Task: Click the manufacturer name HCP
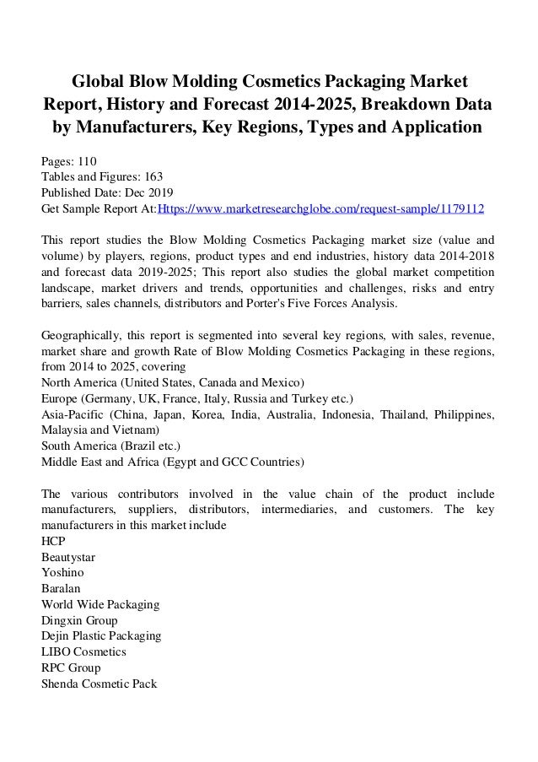(54, 541)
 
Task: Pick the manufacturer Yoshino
(64, 573)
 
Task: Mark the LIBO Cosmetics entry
(83, 652)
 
